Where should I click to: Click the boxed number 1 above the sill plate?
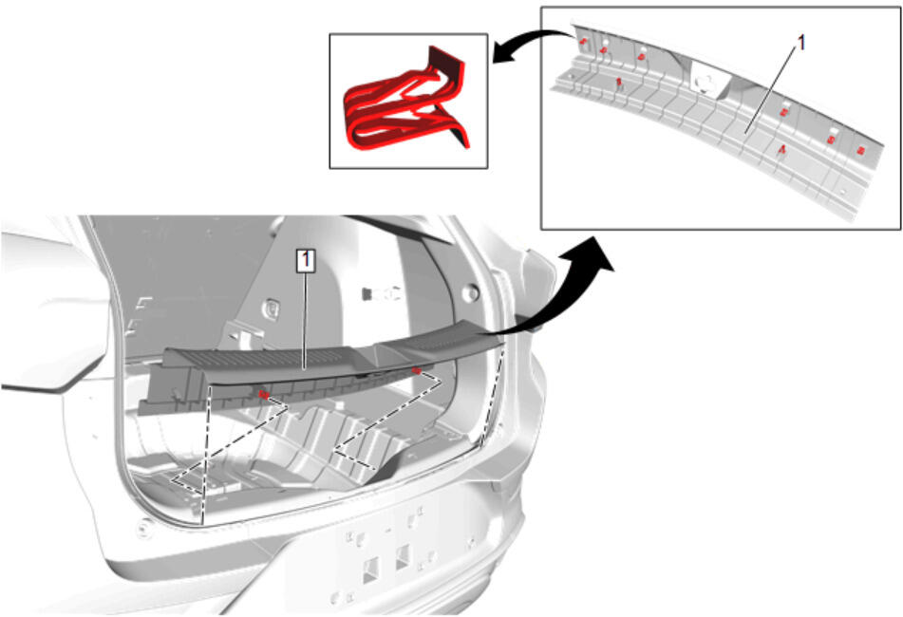[305, 260]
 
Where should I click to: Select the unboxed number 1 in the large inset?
[800, 42]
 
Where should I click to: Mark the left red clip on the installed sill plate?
[263, 394]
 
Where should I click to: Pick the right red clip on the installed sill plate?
[417, 370]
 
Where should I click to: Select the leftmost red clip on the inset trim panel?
[583, 41]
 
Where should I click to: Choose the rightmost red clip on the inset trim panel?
[861, 151]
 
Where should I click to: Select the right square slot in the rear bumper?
[404, 557]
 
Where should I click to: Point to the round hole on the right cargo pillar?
[471, 293]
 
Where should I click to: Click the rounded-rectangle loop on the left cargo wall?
[272, 309]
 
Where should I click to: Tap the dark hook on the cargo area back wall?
[367, 294]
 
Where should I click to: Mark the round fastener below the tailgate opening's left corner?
[143, 527]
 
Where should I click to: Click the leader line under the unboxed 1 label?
[771, 88]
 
